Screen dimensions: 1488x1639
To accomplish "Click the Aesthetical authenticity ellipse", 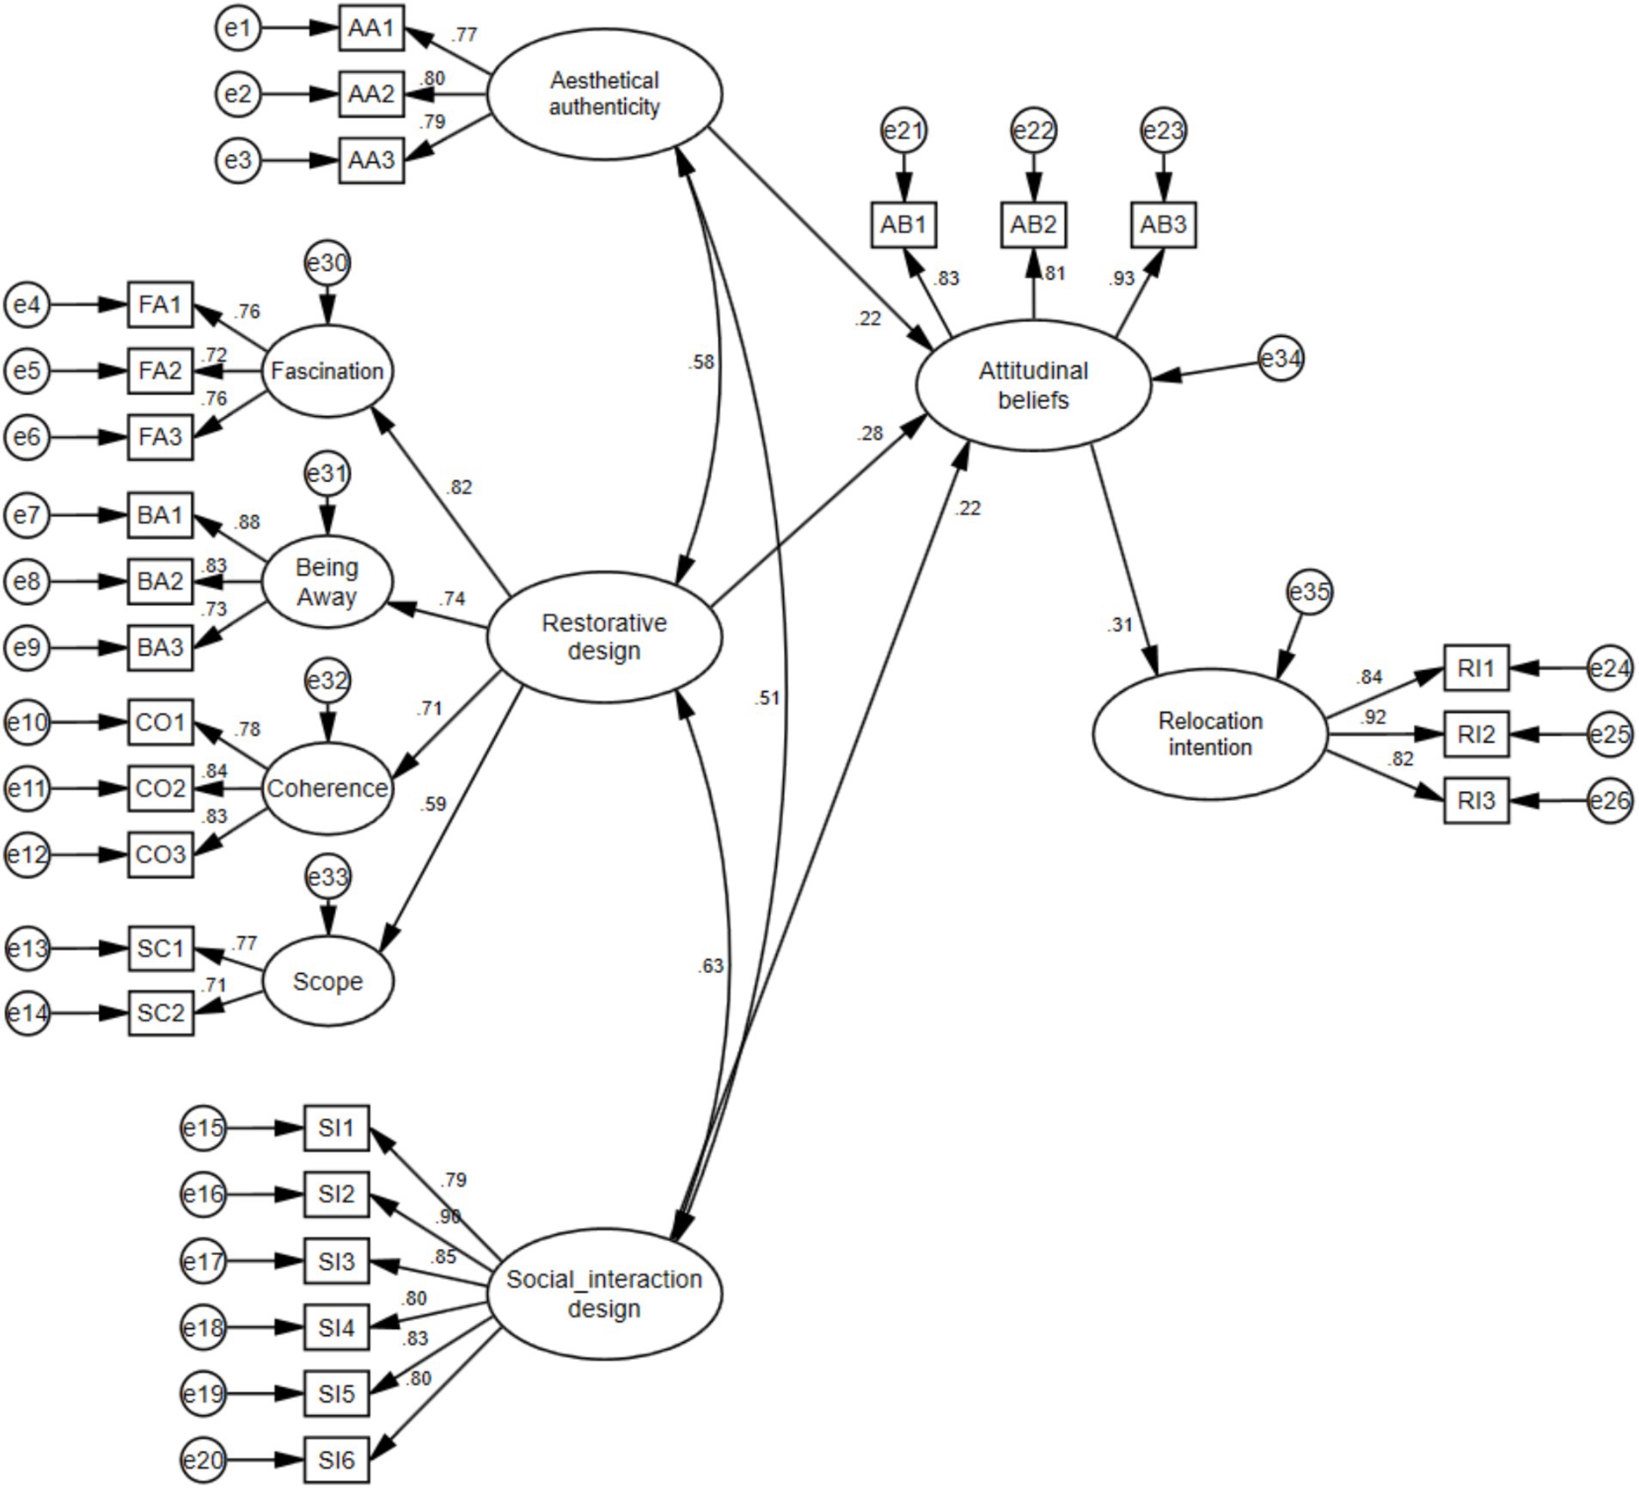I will pyautogui.click(x=604, y=94).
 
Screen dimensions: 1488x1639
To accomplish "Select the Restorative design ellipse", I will pyautogui.click(x=604, y=637).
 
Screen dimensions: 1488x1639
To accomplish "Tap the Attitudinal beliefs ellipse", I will pyautogui.click(x=1033, y=385).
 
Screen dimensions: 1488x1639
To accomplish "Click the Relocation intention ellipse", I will pyautogui.click(x=1210, y=734).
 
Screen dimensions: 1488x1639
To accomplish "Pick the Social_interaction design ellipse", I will pyautogui.click(x=604, y=1294).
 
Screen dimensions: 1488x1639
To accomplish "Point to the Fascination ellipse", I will pyautogui.click(x=327, y=371).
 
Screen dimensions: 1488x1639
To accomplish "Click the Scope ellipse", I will pyautogui.click(x=327, y=982).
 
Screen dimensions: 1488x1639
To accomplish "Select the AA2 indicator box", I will pyautogui.click(x=371, y=94).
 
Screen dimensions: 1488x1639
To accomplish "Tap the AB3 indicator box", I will pyautogui.click(x=1163, y=225).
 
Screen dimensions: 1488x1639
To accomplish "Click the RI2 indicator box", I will pyautogui.click(x=1476, y=734).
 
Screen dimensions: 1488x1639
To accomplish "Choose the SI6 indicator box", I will pyautogui.click(x=336, y=1460).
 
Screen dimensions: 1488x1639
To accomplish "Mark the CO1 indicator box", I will pyautogui.click(x=161, y=722).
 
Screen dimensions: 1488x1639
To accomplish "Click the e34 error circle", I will pyautogui.click(x=1281, y=359).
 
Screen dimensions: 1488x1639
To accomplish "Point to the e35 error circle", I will pyautogui.click(x=1310, y=592).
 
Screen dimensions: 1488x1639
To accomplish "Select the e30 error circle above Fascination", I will pyautogui.click(x=327, y=263).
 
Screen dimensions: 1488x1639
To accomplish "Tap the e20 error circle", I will pyautogui.click(x=204, y=1460).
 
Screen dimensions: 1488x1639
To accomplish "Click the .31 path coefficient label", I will pyautogui.click(x=1120, y=625).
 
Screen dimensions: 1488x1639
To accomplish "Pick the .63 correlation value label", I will pyautogui.click(x=711, y=966).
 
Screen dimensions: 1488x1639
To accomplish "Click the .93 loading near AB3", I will pyautogui.click(x=1122, y=279).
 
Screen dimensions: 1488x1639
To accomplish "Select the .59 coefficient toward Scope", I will pyautogui.click(x=433, y=805).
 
